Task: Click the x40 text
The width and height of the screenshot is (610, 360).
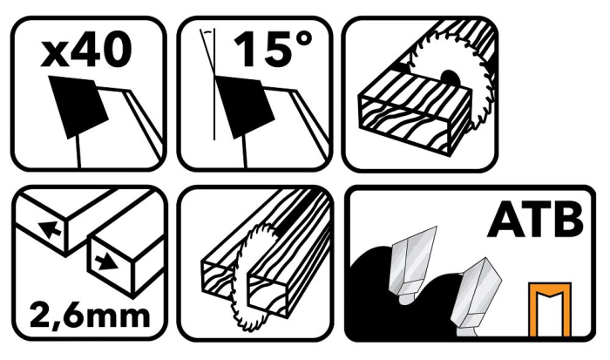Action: coord(86,49)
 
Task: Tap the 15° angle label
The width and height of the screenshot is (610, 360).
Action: coord(273,49)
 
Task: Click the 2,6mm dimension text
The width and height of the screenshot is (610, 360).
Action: coord(90,316)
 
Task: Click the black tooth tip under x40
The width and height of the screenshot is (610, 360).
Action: coord(78,105)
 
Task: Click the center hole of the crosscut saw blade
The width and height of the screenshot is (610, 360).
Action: coord(450,78)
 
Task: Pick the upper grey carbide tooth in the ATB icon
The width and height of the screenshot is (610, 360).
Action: coord(412,265)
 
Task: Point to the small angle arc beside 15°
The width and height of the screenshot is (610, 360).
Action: coord(208,31)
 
